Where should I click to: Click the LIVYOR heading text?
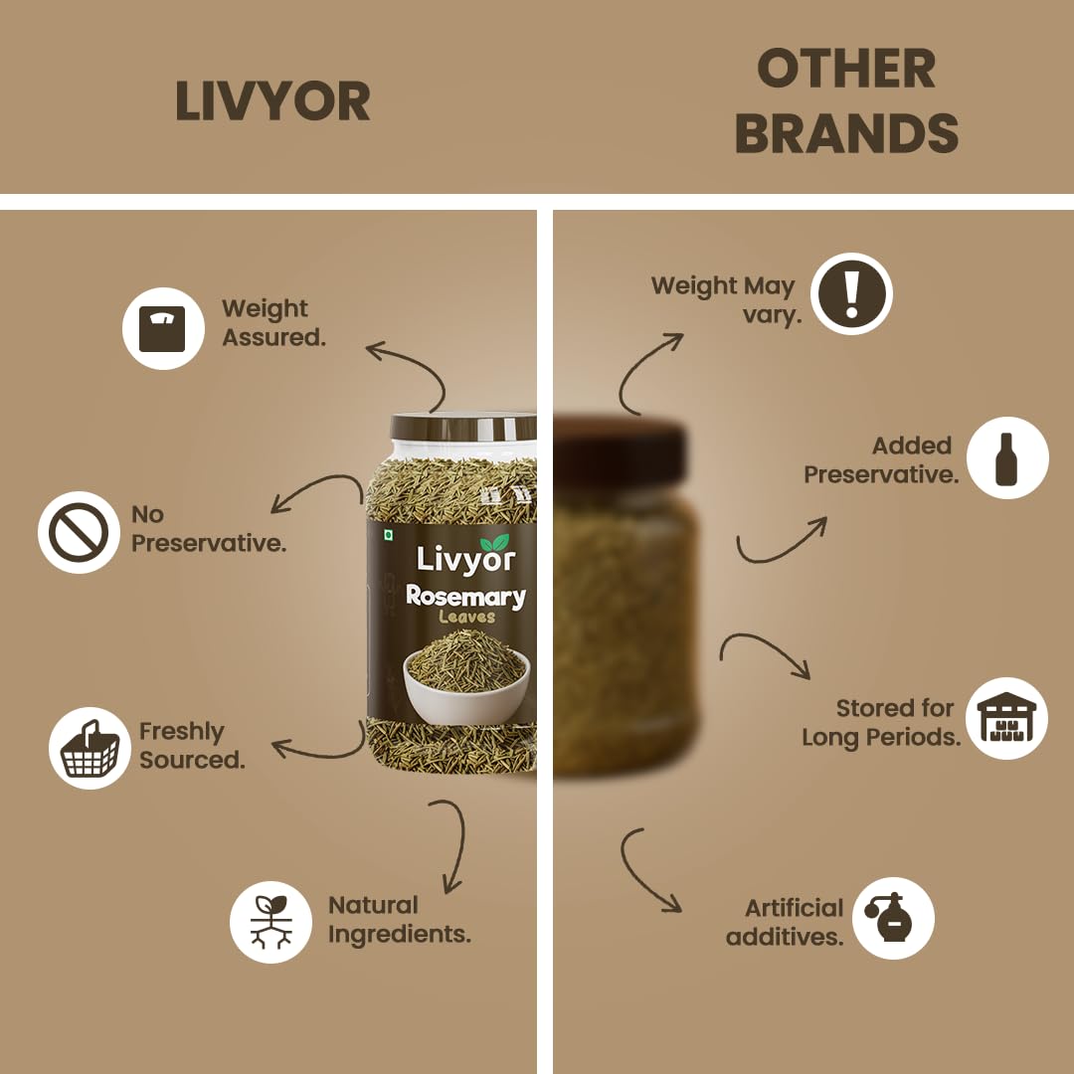(272, 101)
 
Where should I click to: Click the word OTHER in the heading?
(846, 69)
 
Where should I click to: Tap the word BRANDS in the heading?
(846, 133)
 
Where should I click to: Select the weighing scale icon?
(163, 329)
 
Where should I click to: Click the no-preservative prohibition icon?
(79, 532)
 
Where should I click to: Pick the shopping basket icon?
(89, 748)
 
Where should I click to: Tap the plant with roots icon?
(271, 922)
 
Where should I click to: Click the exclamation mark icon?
(851, 293)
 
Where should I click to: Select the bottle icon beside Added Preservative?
(1007, 458)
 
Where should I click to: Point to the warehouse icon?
(1006, 718)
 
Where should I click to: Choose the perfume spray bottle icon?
(893, 918)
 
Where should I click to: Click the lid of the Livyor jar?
(463, 426)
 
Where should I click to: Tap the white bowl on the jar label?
(466, 687)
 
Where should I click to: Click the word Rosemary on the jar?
(465, 596)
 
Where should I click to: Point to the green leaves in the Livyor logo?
(495, 543)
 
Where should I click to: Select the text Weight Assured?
(274, 322)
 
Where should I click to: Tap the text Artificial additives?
(785, 922)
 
